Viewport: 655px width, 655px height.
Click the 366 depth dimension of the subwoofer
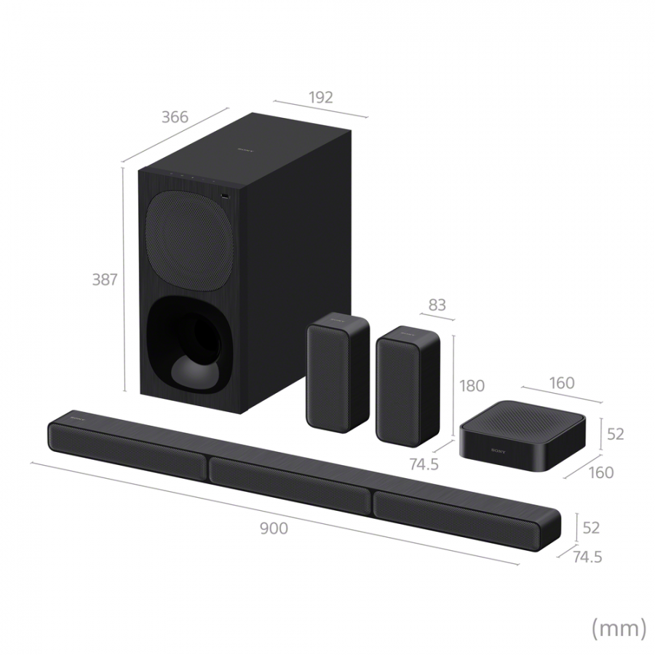175,117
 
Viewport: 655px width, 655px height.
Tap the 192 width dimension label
321,98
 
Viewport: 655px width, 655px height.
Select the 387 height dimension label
105,279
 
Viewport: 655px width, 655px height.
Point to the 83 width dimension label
437,305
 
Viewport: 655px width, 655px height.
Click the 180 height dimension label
472,386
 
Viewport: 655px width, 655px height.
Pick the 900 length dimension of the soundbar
274,528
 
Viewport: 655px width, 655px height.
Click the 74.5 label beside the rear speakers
424,464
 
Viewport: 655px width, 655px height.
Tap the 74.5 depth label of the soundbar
587,557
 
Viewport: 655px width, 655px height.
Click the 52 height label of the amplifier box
615,434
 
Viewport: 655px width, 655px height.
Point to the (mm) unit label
619,627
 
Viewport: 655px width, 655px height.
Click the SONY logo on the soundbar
78,421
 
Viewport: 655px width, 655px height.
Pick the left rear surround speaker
337,371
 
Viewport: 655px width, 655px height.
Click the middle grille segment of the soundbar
290,481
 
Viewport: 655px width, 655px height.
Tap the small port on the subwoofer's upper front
224,196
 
